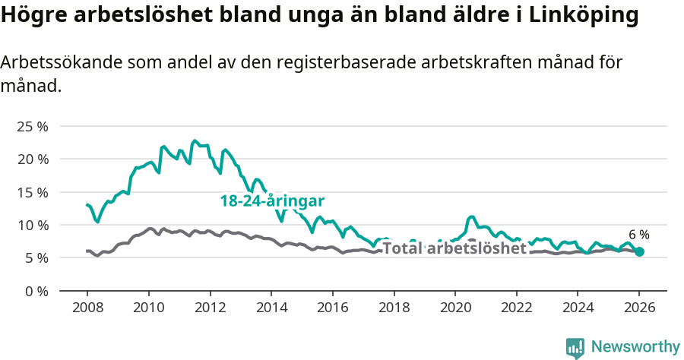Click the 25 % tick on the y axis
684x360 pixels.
32,126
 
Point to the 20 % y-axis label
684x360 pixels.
32,159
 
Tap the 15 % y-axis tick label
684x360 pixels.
32,192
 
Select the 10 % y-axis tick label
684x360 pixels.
32,225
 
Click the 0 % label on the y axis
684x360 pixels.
35,291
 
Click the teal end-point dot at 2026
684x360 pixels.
639,251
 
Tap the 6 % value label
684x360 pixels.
639,235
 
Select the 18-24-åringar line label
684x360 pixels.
272,201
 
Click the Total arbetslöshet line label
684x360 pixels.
454,248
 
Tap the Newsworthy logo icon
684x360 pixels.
575,348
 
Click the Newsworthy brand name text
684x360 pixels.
635,347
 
